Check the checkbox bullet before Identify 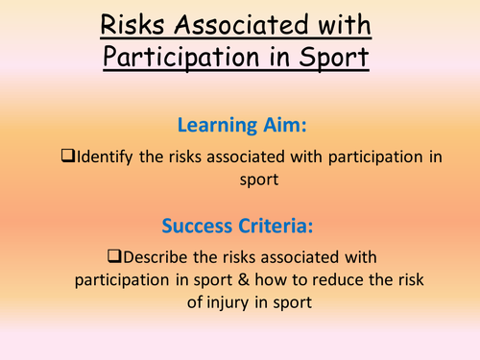(67, 156)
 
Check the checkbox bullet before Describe (115, 257)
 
